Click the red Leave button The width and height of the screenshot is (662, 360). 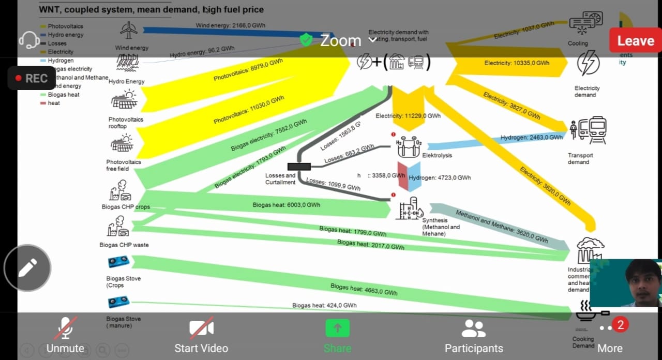(635, 40)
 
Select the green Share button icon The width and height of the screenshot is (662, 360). (337, 328)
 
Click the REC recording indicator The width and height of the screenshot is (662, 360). (32, 78)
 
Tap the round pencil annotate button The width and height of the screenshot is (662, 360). (27, 268)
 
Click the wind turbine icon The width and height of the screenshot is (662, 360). (128, 31)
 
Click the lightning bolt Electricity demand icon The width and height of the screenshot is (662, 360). (588, 64)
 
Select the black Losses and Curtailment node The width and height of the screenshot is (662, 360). (299, 166)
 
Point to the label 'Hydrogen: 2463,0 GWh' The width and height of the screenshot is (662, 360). (531, 138)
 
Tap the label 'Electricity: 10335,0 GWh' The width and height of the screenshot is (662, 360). (517, 63)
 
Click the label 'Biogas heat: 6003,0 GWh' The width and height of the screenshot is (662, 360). (286, 205)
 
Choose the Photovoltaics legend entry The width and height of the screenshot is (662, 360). (65, 26)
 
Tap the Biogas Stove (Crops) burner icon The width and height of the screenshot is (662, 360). (118, 262)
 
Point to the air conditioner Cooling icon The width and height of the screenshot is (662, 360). (585, 23)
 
